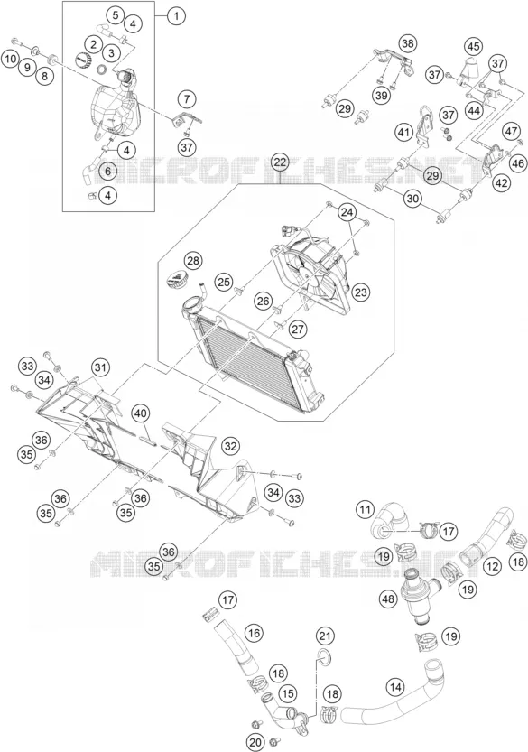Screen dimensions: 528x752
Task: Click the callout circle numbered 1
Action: coord(177,16)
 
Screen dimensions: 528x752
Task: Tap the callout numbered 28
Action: coord(193,261)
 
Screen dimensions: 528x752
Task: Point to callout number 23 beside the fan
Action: coord(361,291)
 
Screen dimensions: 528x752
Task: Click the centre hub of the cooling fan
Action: coord(305,274)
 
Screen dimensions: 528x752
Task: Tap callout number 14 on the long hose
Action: coord(395,687)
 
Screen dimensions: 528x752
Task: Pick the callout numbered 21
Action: coord(325,636)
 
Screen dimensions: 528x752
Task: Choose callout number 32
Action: coord(230,446)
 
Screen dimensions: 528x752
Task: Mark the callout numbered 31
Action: coord(99,367)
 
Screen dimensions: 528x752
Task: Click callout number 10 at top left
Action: coord(10,59)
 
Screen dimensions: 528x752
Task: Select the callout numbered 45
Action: coord(474,47)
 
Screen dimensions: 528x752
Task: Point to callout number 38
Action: coord(407,44)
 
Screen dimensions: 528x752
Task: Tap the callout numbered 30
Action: coord(412,197)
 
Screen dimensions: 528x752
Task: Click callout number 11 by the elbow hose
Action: coord(366,509)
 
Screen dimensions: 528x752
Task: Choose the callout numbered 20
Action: coord(256,743)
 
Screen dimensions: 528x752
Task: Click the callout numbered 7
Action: coord(187,99)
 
